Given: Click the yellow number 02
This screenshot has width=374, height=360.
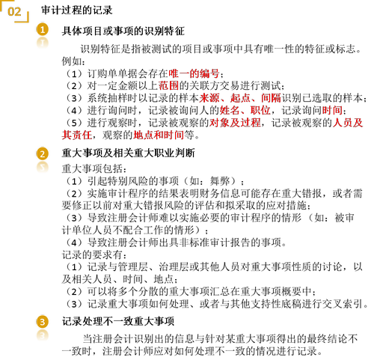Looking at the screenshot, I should click(14, 12).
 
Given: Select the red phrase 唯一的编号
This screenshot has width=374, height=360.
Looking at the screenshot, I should click(194, 73).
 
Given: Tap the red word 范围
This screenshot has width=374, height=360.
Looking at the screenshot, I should click(168, 85).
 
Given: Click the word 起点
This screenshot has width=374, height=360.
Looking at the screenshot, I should click(240, 98).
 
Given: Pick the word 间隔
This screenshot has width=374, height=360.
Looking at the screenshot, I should click(271, 98).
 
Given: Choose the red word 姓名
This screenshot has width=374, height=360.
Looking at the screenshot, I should click(230, 110).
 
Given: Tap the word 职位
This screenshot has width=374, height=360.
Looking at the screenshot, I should click(260, 110).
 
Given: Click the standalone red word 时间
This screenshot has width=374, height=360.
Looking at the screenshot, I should click(332, 110).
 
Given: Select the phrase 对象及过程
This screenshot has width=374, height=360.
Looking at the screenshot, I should click(235, 122).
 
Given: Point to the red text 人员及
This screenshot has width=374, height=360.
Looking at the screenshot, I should click(348, 122).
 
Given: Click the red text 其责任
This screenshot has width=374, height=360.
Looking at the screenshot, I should click(77, 135).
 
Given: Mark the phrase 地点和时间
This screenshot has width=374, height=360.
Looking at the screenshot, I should click(159, 135).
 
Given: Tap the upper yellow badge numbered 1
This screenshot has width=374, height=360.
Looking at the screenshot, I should click(43, 29).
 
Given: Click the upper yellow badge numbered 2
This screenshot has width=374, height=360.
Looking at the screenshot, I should click(43, 153).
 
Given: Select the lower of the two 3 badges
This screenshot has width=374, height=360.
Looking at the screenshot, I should click(43, 335).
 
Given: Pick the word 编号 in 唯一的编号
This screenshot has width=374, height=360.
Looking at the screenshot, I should click(209, 73).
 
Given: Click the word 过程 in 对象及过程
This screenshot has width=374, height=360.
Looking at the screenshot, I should click(251, 122).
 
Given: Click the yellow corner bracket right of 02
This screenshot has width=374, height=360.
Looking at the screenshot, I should click(25, 18).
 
